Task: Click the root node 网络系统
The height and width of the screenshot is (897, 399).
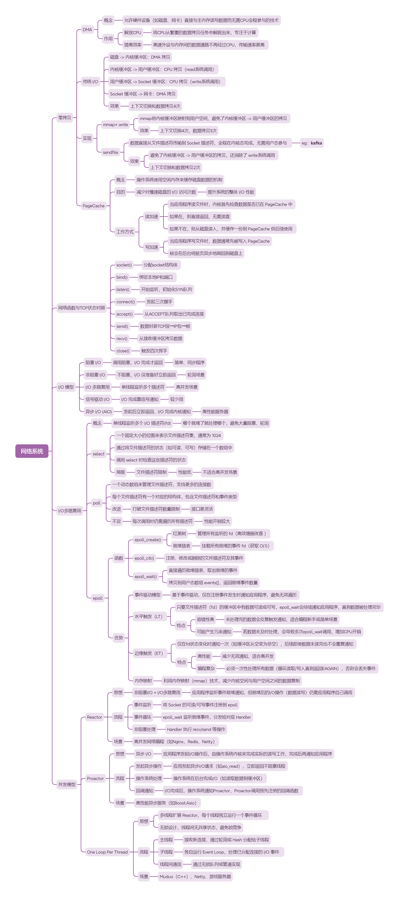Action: click(x=32, y=451)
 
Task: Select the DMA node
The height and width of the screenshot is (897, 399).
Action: click(x=87, y=30)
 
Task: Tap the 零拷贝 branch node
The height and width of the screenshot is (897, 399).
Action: click(x=64, y=118)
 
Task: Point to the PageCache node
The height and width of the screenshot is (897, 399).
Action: click(x=93, y=206)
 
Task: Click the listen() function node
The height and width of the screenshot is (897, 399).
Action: click(x=122, y=289)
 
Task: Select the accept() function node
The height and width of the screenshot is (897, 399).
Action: click(x=124, y=314)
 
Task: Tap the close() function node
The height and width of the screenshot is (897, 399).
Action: click(x=122, y=351)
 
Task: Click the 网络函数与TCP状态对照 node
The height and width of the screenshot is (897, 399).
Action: click(x=81, y=308)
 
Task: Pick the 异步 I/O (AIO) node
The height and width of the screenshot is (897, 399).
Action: click(x=99, y=412)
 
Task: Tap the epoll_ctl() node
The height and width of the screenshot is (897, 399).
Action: click(x=144, y=558)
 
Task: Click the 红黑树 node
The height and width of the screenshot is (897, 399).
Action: click(x=179, y=533)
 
